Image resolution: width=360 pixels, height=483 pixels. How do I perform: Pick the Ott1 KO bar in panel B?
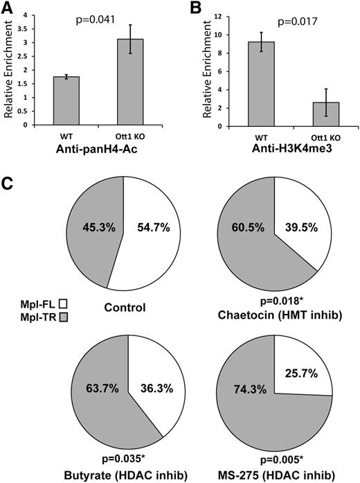pos(302,114)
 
